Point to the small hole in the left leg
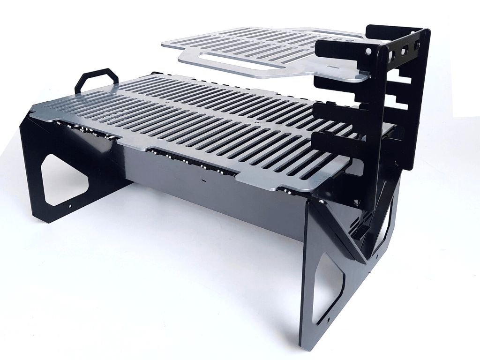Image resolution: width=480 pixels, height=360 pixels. [x=70, y=205]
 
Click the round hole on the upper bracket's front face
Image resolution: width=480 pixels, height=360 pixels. [x=370, y=49]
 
